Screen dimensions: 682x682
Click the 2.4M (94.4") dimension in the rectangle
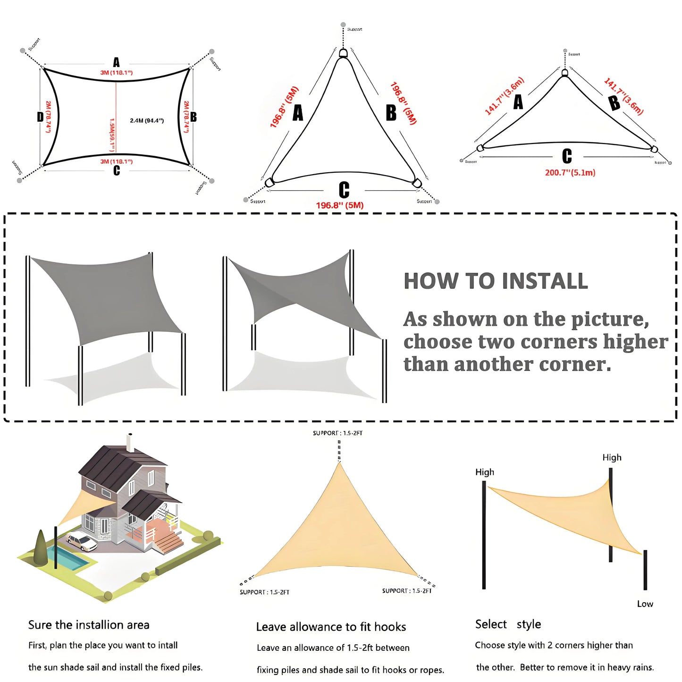pos(147,121)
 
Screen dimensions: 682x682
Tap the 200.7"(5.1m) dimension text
pos(570,173)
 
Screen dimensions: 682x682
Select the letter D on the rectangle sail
pos(40,117)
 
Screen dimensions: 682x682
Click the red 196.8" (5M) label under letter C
pos(339,205)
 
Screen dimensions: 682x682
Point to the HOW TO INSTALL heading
pos(496,281)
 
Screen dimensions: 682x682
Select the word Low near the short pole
pos(645,604)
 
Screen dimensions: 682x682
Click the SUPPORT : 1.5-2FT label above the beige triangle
pos(337,433)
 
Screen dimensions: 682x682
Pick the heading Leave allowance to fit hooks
pos(331,627)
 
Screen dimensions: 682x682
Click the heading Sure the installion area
pos(89,625)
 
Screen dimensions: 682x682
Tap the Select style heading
pos(508,624)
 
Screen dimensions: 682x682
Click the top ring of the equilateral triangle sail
pos(343,53)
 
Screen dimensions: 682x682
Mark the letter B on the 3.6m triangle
pos(614,102)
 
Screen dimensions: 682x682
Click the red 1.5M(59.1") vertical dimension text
pos(112,135)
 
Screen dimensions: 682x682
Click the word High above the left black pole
pos(484,472)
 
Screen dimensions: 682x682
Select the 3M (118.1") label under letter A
pos(116,73)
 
